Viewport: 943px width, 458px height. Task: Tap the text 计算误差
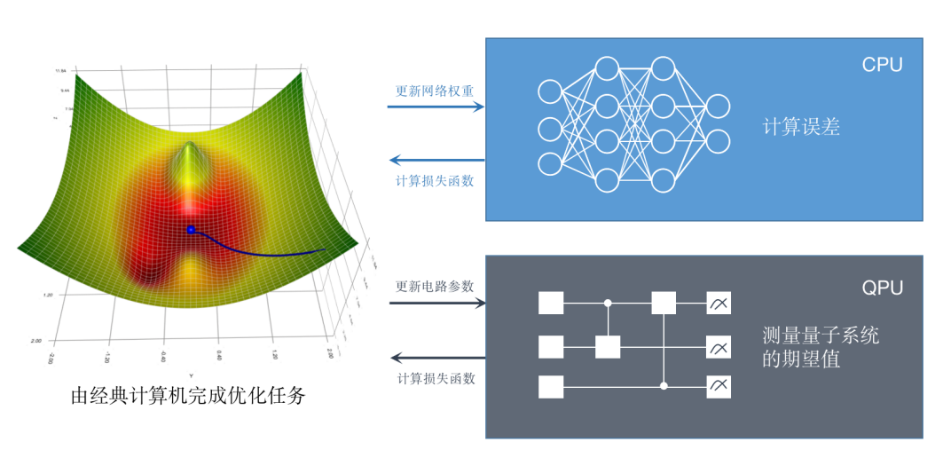801,127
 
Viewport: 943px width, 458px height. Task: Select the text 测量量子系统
821,336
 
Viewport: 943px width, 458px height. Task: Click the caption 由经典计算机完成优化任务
188,396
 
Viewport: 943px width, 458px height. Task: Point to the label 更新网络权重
435,91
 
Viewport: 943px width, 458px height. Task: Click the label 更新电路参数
435,287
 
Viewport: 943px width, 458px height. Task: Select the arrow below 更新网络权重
436,107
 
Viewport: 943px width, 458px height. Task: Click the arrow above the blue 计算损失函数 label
437,161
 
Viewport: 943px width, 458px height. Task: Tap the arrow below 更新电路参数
437,304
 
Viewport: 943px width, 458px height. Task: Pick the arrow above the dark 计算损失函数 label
437,359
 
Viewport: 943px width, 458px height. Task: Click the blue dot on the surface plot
191,229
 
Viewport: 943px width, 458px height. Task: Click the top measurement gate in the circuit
719,304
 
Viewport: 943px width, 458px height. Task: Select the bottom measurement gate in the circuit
719,387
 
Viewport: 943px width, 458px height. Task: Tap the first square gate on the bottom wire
551,387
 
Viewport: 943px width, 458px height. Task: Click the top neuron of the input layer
550,91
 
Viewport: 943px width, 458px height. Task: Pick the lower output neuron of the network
718,142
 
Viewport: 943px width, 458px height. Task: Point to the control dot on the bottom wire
664,387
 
